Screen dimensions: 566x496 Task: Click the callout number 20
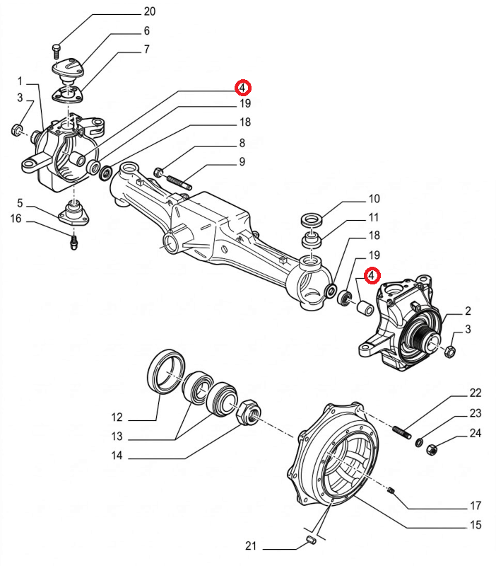[x=149, y=12]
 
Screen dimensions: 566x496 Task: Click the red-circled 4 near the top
[x=242, y=88]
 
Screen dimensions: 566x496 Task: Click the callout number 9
[x=242, y=162]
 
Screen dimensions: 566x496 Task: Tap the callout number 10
[x=374, y=199]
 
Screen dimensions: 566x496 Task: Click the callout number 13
[x=117, y=436]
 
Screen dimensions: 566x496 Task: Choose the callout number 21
[x=252, y=546]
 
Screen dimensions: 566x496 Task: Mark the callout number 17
[x=476, y=506]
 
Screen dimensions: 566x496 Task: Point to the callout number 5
[x=20, y=203]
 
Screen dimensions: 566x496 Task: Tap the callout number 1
[x=20, y=81]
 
